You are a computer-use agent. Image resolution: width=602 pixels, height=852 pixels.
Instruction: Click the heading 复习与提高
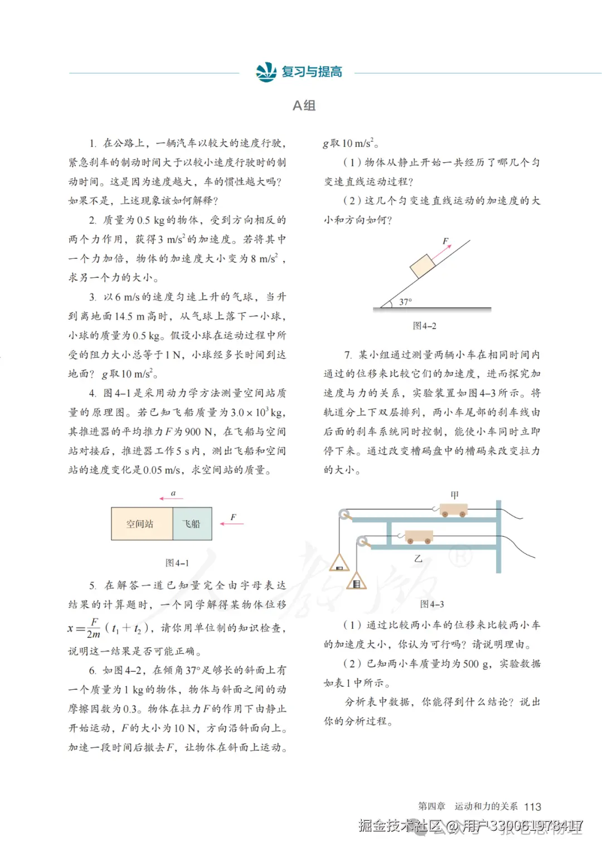click(312, 72)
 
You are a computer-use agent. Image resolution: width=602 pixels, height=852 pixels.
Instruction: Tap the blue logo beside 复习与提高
click(266, 72)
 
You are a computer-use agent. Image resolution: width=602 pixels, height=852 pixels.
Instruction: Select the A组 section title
click(304, 105)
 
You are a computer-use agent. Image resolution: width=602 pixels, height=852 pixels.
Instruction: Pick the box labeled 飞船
click(192, 523)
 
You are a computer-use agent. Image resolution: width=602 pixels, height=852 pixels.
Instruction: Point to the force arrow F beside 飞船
click(232, 523)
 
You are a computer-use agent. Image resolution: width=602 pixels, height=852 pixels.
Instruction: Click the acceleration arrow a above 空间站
click(171, 498)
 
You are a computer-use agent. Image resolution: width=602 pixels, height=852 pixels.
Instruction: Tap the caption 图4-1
click(177, 563)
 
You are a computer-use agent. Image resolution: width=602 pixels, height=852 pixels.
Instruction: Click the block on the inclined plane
click(423, 266)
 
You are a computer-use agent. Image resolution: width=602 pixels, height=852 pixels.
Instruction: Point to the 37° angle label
click(405, 302)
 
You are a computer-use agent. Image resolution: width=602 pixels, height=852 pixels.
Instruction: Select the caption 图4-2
click(424, 326)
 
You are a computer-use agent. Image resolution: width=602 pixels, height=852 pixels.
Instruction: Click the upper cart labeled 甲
click(453, 510)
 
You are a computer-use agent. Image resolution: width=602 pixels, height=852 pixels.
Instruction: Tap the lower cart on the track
click(419, 537)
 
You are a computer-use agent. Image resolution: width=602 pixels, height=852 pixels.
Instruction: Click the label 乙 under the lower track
click(418, 558)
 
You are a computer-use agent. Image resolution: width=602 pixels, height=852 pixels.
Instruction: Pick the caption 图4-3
click(431, 604)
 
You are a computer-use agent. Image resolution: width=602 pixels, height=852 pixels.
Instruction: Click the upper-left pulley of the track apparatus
click(344, 514)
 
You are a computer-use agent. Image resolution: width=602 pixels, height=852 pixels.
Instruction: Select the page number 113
click(532, 807)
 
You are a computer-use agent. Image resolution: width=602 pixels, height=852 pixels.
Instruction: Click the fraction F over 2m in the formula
click(94, 628)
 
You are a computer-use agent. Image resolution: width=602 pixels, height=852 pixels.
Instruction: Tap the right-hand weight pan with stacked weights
click(357, 581)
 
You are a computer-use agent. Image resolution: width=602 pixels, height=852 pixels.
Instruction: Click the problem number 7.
click(348, 355)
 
